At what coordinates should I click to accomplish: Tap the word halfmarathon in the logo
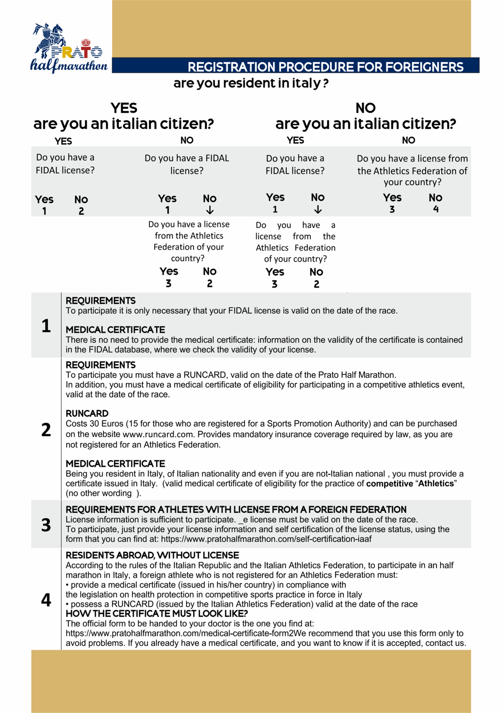(x=69, y=65)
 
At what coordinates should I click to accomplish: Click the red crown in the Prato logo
(x=86, y=42)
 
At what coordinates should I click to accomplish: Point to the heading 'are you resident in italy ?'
(x=251, y=83)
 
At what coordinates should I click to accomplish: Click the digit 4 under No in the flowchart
(x=436, y=209)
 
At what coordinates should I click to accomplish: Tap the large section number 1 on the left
(x=46, y=326)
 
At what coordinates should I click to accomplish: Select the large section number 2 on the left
(x=46, y=430)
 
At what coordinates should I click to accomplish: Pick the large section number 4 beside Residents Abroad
(x=46, y=600)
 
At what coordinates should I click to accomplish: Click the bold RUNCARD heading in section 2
(x=87, y=413)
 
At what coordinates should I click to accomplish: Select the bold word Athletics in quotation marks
(x=436, y=484)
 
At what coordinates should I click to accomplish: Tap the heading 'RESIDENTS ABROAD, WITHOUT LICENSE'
(x=152, y=555)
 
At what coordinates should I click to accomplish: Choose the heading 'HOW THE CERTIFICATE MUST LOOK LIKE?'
(x=157, y=614)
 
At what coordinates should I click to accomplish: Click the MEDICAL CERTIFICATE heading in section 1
(x=115, y=330)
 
